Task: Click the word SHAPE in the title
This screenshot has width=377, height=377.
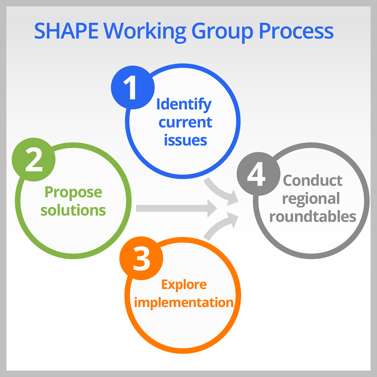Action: click(x=66, y=31)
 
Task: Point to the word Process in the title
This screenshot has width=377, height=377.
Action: click(x=296, y=31)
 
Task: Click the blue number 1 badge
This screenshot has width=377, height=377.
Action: click(x=133, y=87)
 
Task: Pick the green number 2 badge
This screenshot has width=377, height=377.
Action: click(x=34, y=159)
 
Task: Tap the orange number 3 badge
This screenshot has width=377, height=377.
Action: click(x=141, y=258)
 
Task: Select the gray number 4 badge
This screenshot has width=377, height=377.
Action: click(x=259, y=174)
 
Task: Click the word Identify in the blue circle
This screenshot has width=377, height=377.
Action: click(x=184, y=105)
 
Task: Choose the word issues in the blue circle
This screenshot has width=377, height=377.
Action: click(x=185, y=140)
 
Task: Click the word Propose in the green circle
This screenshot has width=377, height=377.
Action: click(x=74, y=193)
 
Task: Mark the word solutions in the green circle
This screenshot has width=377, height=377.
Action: click(x=73, y=210)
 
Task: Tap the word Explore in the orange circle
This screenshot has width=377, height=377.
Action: click(x=184, y=285)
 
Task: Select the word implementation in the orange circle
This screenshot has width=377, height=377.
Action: click(x=184, y=303)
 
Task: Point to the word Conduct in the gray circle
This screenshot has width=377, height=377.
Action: click(x=313, y=180)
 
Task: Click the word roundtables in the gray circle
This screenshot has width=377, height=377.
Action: click(x=313, y=216)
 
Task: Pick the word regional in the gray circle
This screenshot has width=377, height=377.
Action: click(x=311, y=199)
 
